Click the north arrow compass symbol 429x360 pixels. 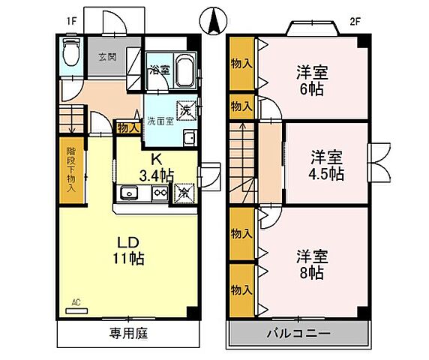pos(213,20)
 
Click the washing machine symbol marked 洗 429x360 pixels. pos(185,109)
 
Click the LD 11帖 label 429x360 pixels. pos(129,250)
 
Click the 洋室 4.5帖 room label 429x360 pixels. pos(327,165)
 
